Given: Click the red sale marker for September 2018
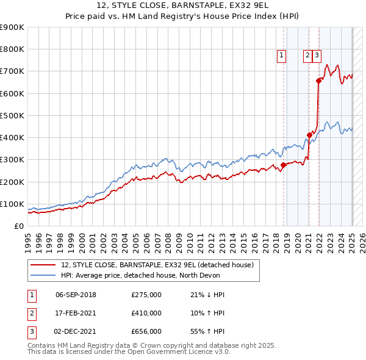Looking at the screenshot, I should pos(283,165).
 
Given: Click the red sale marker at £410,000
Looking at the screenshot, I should pos(309,135).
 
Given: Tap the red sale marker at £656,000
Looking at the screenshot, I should pos(318,81).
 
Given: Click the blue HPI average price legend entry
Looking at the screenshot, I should pos(152,275).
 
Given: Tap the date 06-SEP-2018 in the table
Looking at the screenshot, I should pos(76,295).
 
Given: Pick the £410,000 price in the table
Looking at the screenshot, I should pos(146,312).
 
